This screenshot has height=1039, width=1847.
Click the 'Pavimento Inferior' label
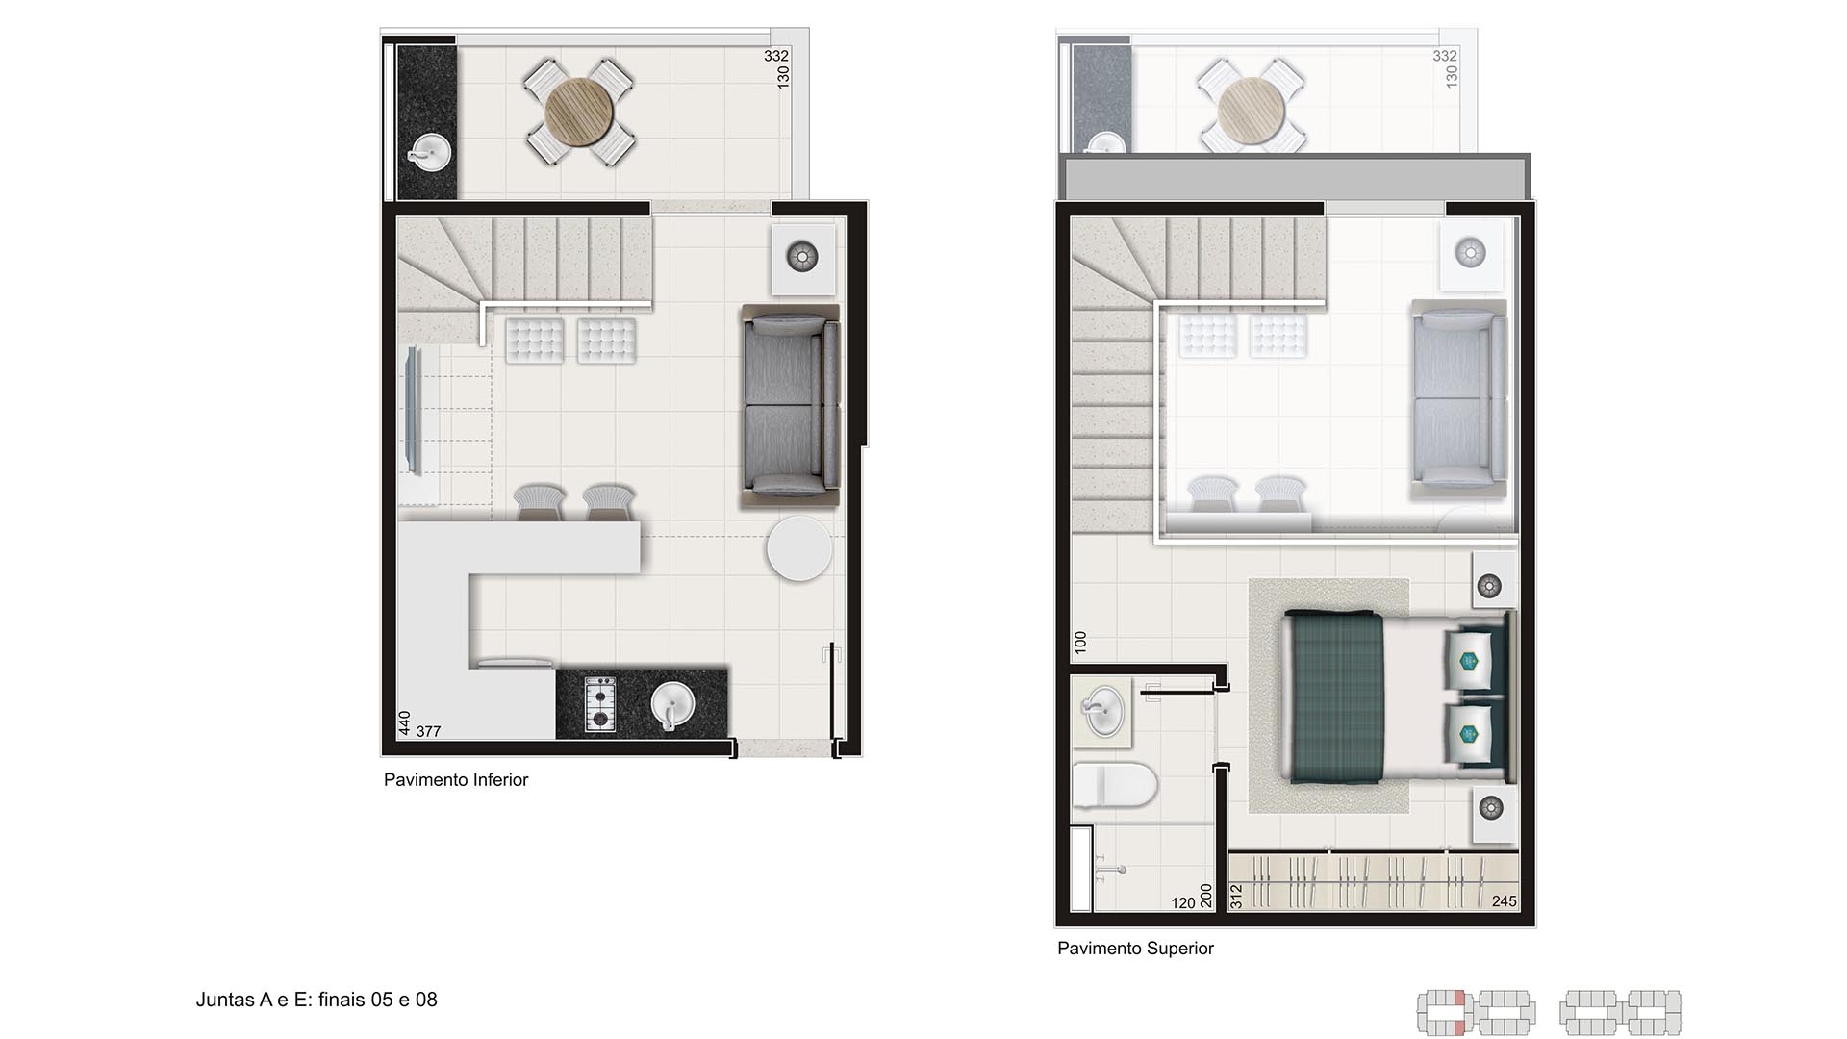pos(456,780)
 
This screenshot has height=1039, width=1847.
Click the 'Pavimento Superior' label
pos(1135,949)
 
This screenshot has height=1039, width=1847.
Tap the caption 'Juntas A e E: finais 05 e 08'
pos(316,1000)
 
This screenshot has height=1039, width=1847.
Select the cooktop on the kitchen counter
pos(600,704)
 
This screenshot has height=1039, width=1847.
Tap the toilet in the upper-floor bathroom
pos(1114,784)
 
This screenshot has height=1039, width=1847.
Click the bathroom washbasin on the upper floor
pos(1102,713)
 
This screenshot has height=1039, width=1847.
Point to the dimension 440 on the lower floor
pos(405,722)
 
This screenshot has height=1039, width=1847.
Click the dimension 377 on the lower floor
pos(428,731)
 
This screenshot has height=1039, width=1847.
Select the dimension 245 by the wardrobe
pos(1504,901)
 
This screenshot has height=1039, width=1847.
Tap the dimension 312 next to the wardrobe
pos(1236,897)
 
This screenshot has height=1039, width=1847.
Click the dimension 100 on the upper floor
pos(1080,643)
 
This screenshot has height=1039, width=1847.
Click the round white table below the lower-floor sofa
pos(798,548)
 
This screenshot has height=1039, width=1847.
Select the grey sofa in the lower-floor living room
pos(791,406)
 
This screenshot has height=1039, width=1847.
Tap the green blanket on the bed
pos(1335,697)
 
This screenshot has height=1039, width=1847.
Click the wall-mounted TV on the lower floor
pos(414,411)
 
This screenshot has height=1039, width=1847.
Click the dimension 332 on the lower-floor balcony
pos(775,56)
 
